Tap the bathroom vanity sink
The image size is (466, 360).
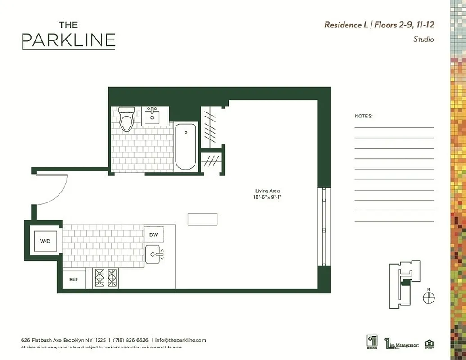(x=152, y=117)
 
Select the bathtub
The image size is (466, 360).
(x=185, y=146)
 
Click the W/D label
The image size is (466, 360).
(x=45, y=241)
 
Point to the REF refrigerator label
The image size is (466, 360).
(x=73, y=279)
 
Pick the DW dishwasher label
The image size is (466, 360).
(x=154, y=234)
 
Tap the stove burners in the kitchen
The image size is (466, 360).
(x=105, y=278)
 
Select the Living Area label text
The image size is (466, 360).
(x=267, y=191)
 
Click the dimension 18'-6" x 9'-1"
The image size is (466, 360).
(x=267, y=197)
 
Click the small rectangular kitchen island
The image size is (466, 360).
(x=202, y=219)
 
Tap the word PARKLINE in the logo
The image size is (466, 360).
(x=68, y=40)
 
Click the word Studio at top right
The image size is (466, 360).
(x=423, y=40)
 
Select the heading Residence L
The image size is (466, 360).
(x=346, y=25)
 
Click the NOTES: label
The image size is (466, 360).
(x=363, y=116)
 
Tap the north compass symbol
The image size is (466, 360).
(x=429, y=297)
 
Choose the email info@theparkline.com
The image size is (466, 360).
(x=181, y=340)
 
